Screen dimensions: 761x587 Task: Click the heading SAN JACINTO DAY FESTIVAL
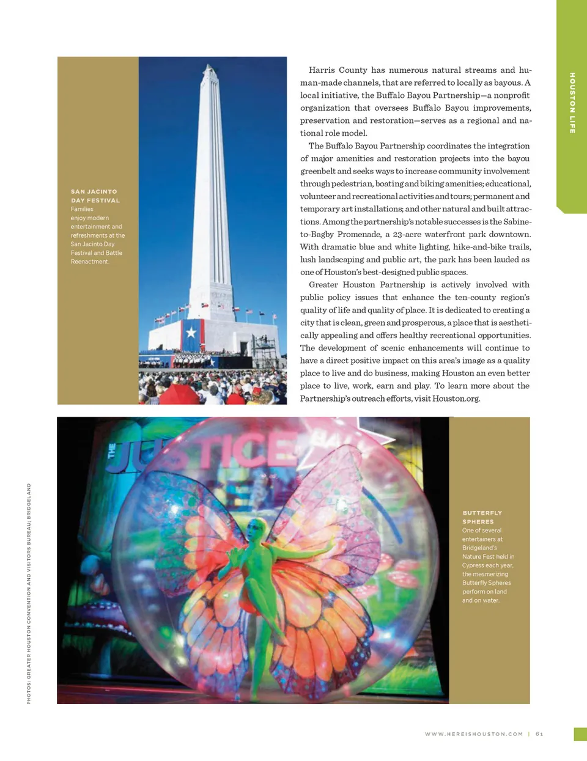pos(95,196)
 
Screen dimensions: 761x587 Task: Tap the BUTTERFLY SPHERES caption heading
pos(482,517)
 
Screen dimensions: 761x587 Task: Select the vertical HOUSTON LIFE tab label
pos(572,103)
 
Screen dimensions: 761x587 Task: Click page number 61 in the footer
pos(539,734)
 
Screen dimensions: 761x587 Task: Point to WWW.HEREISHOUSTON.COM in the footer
pos(474,734)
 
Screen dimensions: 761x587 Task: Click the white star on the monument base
pos(191,333)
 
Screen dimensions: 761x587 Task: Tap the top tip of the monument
pos(211,64)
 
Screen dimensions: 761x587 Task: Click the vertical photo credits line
pos(29,593)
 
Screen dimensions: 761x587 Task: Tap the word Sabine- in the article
pos(517,222)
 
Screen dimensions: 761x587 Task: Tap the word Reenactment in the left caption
pos(89,262)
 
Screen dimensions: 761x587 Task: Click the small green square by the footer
pos(580,734)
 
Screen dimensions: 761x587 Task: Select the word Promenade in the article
pos(360,235)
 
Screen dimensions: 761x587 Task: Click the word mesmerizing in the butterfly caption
pos(490,574)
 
